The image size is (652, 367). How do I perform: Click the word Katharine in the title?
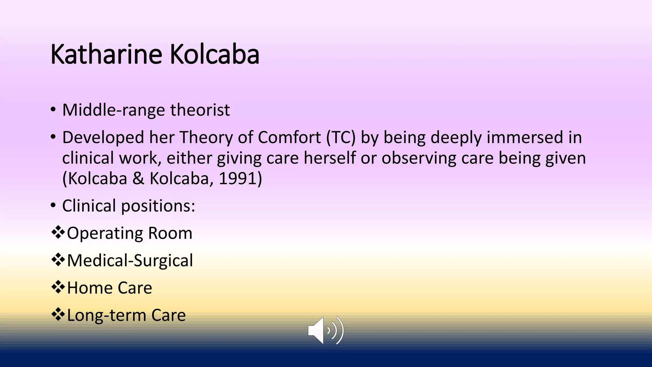pos(106,54)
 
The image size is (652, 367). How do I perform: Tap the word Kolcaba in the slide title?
pos(215,54)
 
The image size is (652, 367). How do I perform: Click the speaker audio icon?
pos(326,330)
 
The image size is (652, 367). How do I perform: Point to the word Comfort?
pos(289,138)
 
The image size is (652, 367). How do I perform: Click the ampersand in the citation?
pos(138,178)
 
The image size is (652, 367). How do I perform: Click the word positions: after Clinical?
pos(158,206)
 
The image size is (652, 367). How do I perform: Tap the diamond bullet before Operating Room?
pos(58,233)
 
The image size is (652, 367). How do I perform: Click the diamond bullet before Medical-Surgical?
pos(58,260)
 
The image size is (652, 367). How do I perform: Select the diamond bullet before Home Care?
pos(58,287)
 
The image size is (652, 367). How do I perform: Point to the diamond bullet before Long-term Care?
pos(58,315)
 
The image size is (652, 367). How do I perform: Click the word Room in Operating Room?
pos(170,233)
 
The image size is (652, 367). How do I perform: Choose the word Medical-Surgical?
pos(130,261)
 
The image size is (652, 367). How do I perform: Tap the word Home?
pos(90,288)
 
